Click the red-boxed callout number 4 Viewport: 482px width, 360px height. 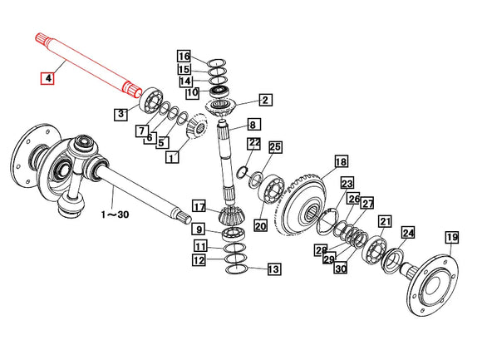coord(48,78)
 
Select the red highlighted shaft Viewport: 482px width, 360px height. coord(89,65)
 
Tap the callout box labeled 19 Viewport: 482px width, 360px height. coord(452,237)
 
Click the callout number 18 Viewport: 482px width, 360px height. coord(342,161)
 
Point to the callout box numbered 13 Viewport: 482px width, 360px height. coord(274,269)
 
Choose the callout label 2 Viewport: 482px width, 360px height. coord(265,100)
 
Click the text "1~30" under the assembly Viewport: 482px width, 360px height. coord(115,215)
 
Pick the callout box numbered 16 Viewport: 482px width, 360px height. coord(184,57)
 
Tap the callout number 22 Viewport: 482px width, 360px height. coord(254,143)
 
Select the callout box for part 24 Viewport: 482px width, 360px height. coord(408,233)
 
